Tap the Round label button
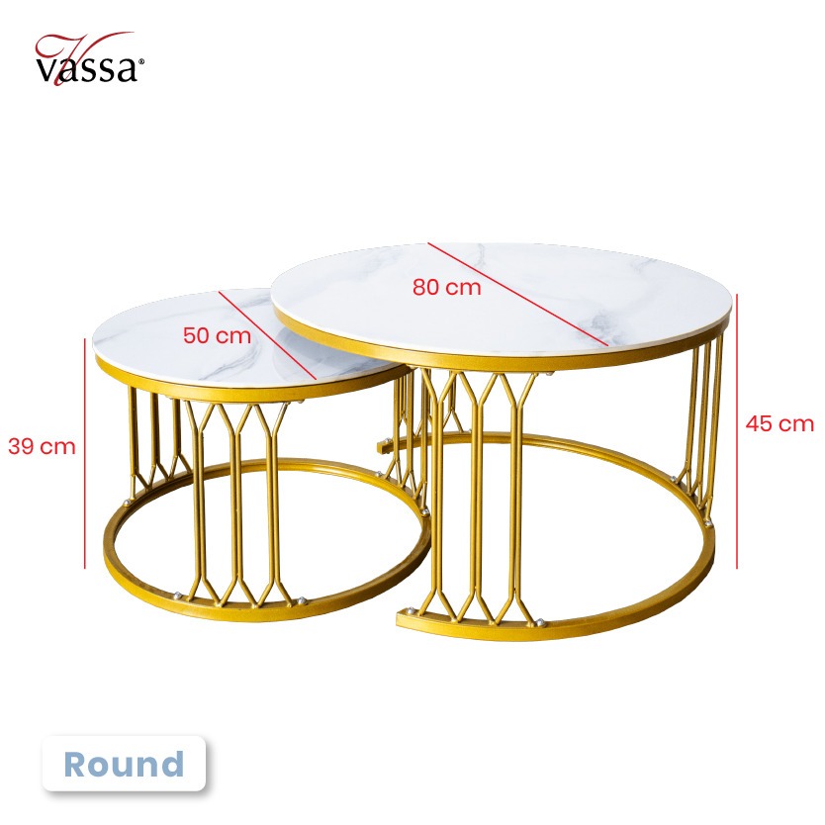pos(124,764)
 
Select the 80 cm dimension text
pos(447,287)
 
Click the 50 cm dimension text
pos(218,334)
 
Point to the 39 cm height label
pos(42,446)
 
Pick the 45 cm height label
pos(779,423)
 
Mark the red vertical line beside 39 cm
pos(85,450)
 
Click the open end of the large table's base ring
pos(402,619)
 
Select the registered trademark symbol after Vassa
pos(141,62)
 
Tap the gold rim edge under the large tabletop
pos(495,358)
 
